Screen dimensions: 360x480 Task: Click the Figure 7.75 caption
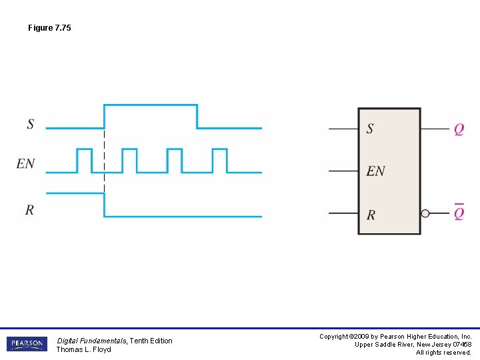49,28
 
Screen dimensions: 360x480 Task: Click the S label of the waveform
31,124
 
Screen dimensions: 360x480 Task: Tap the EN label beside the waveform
26,163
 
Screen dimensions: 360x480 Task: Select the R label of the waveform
29,210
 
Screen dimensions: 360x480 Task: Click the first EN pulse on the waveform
84,160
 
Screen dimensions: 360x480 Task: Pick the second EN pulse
129,160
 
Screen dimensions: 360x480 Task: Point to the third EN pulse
174,160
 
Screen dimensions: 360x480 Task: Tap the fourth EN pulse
219,160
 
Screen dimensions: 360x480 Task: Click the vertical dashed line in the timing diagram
104,160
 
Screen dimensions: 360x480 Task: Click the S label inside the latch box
370,129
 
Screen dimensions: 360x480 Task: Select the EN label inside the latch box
375,171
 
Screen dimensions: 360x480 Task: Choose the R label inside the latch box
371,215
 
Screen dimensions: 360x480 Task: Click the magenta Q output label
459,129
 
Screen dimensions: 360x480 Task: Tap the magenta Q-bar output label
459,213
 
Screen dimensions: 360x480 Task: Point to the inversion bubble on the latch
425,213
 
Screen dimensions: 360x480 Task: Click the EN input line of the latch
343,171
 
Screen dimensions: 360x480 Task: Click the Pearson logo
27,344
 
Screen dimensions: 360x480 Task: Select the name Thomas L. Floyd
83,350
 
